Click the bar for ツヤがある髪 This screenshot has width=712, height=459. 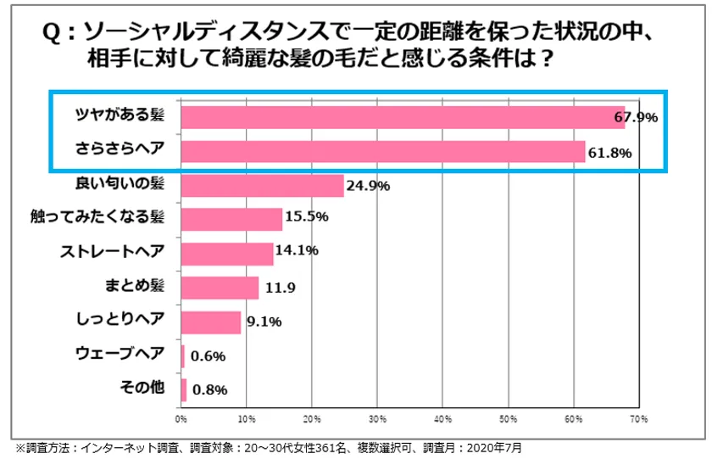[403, 117]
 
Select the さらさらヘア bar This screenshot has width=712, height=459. [383, 151]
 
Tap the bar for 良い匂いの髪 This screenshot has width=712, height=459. [262, 185]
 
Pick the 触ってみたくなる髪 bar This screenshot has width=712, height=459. [231, 219]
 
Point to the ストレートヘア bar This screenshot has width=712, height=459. [227, 253]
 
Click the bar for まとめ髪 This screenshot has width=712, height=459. [220, 288]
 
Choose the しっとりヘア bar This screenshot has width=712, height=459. [211, 322]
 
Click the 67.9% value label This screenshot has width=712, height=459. [637, 118]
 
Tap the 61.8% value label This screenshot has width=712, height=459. [611, 152]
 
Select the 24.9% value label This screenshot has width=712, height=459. [368, 186]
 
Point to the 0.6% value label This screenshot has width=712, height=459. [208, 356]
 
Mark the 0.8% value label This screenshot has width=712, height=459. [209, 390]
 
